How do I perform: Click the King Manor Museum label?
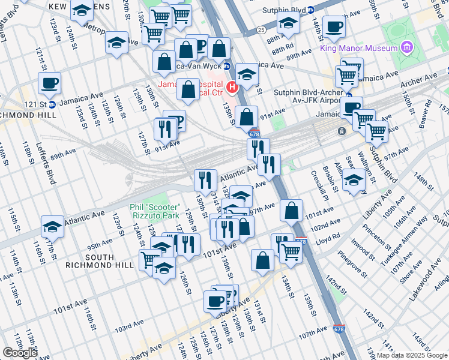(x=367, y=47)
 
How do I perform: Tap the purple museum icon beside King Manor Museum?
(x=408, y=47)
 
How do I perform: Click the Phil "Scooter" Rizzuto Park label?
(x=155, y=211)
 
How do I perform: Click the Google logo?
(x=20, y=353)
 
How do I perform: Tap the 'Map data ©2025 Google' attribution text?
(x=412, y=355)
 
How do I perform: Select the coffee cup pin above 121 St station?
(x=49, y=83)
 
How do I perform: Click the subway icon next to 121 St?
(x=52, y=104)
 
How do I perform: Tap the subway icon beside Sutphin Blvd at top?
(x=310, y=10)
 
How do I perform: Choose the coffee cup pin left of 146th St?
(x=334, y=26)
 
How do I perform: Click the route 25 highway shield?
(x=261, y=29)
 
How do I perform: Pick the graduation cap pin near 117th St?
(x=53, y=227)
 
